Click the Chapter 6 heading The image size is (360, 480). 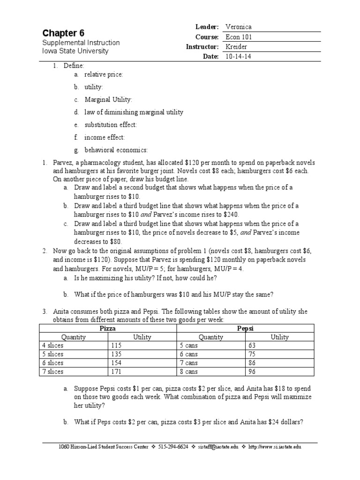click(x=64, y=33)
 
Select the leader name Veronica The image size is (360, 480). click(x=238, y=27)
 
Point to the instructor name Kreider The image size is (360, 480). click(x=236, y=47)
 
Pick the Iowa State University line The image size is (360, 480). click(x=75, y=51)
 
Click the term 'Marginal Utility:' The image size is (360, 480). click(x=108, y=100)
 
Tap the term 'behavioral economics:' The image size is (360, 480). click(x=116, y=150)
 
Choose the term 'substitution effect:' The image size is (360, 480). click(x=111, y=125)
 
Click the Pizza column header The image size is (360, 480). click(x=108, y=329)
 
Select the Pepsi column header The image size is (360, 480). click(x=245, y=329)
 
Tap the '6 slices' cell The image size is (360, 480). click(x=52, y=363)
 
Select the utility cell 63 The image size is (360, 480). click(x=252, y=345)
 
